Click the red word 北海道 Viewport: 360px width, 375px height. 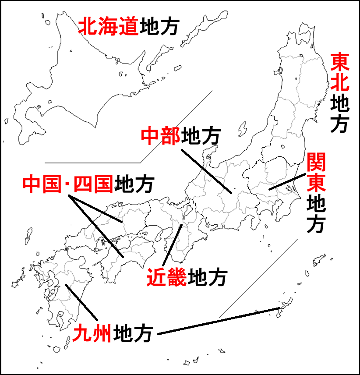(x=108, y=27)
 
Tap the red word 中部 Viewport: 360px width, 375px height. (x=160, y=137)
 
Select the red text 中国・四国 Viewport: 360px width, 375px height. (x=68, y=184)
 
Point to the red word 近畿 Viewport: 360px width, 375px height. (x=166, y=277)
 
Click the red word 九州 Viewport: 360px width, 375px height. (x=92, y=334)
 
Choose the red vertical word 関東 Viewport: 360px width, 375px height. (x=315, y=173)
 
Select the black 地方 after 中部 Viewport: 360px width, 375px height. (x=199, y=137)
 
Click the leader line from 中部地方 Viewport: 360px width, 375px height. (x=206, y=171)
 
